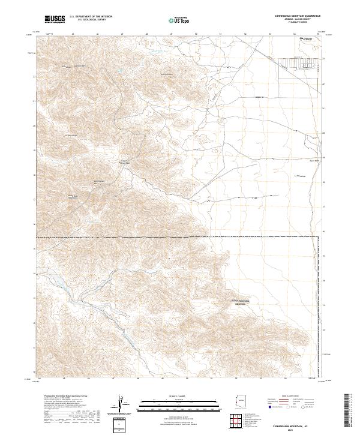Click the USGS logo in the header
(55, 19)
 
